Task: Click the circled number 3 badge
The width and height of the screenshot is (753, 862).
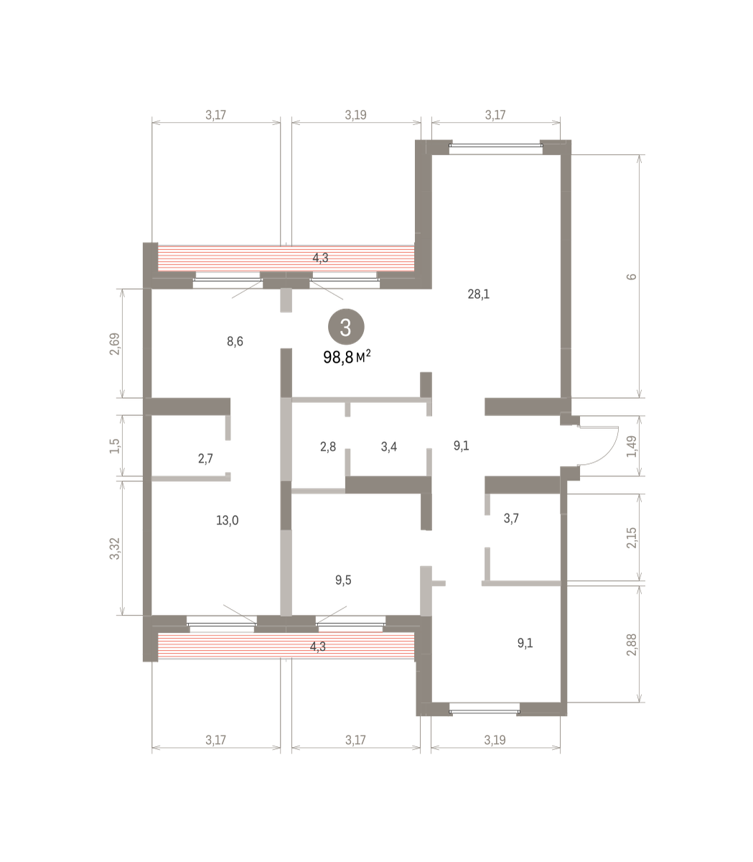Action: click(346, 327)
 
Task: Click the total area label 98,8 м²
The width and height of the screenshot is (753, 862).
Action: click(347, 357)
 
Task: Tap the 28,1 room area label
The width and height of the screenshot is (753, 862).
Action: click(479, 294)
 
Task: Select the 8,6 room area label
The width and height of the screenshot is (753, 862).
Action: click(235, 341)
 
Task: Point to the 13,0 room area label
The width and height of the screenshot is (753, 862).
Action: click(228, 520)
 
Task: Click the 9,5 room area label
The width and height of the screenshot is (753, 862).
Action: click(343, 580)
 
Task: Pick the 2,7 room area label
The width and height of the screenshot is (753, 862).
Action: click(205, 458)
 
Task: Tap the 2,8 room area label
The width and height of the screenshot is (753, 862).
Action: click(328, 447)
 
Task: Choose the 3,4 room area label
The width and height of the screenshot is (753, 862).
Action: click(389, 447)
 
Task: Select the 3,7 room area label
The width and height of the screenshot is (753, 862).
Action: click(511, 518)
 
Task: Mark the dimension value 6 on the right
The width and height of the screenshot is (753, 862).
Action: click(632, 277)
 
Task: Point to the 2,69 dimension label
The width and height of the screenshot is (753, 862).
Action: click(114, 344)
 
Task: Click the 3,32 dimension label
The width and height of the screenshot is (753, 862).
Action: click(114, 549)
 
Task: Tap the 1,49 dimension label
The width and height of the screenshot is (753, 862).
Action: click(632, 447)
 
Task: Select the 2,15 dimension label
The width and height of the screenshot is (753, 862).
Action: click(632, 538)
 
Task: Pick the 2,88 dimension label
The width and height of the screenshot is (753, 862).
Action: click(632, 645)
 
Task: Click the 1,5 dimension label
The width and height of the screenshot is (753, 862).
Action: click(114, 446)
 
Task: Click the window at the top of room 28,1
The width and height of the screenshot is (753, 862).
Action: click(496, 145)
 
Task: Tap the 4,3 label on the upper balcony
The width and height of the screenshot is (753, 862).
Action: click(320, 257)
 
